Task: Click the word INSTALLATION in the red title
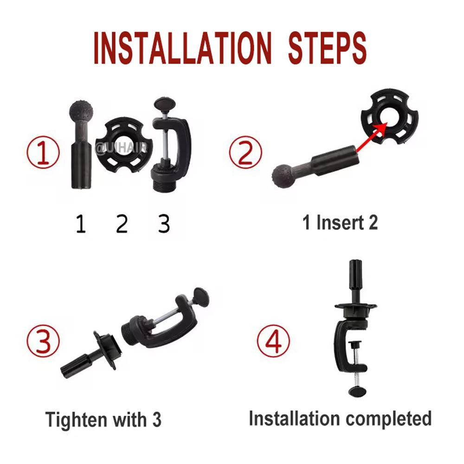[182, 48]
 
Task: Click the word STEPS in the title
[327, 48]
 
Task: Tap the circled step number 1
[43, 152]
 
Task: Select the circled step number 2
[245, 152]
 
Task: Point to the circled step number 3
[43, 341]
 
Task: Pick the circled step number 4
[273, 341]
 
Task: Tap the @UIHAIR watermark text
[121, 148]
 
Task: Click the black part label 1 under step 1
[81, 224]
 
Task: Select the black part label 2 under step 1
[122, 224]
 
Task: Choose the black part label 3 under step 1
[164, 224]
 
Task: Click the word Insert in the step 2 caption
[340, 223]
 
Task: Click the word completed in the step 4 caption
[388, 419]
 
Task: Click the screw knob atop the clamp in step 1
[165, 104]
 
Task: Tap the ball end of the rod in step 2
[283, 177]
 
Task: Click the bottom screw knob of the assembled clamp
[357, 392]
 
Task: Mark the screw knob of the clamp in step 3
[201, 296]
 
